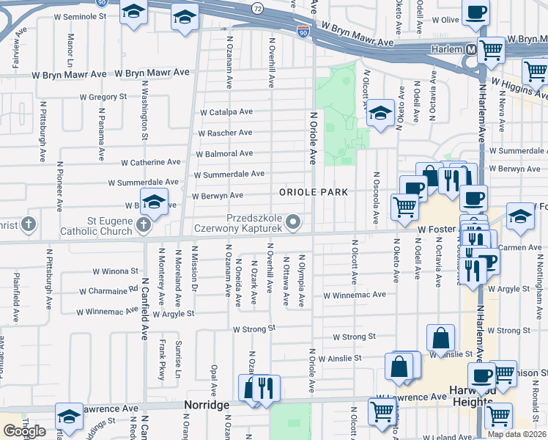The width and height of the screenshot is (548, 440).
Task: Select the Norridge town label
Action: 207,405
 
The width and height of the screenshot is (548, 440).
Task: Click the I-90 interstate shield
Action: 303,32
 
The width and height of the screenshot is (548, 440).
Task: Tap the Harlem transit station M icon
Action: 472,50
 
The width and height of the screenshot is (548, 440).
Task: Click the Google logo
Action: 24,431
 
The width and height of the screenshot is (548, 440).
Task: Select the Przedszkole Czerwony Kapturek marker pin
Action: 293,221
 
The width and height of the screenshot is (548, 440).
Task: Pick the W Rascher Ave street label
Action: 225,133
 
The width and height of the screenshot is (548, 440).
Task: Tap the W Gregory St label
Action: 103,97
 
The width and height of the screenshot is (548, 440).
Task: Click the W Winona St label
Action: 115,271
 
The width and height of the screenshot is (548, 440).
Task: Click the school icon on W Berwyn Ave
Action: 154,201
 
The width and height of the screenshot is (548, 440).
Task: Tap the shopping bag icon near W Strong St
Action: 440,338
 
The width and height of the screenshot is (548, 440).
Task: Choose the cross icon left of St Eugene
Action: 28,224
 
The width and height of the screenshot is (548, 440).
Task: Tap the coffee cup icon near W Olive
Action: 476,13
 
